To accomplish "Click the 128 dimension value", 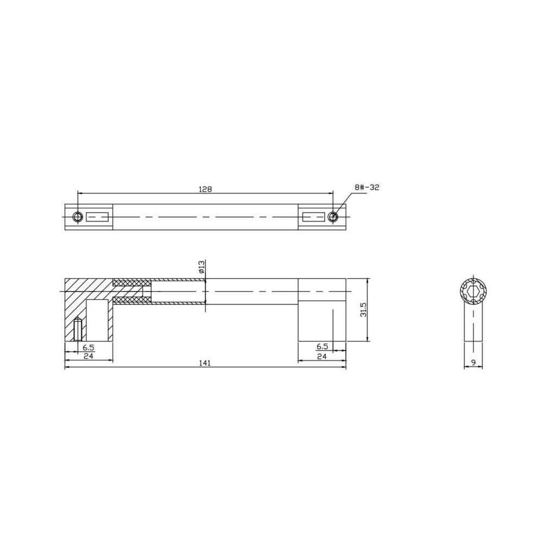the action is tap(205, 189).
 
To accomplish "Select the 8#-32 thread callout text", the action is tap(366, 187).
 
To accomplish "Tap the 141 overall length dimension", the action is tap(205, 363).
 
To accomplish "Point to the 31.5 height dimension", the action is tap(363, 310).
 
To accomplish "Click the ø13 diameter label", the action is tap(201, 267).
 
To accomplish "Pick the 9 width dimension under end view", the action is tap(473, 362).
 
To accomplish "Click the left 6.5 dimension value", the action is tap(89, 347).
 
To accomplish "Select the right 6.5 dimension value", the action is tap(321, 346).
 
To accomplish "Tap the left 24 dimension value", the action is tap(89, 356).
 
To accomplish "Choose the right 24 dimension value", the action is tap(321, 356).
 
